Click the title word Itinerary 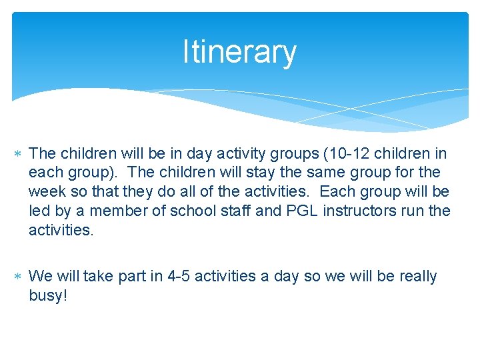pyautogui.click(x=239, y=53)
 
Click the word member pyautogui.click(x=119, y=211)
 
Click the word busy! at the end pyautogui.click(x=48, y=295)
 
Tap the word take pyautogui.click(x=98, y=276)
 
